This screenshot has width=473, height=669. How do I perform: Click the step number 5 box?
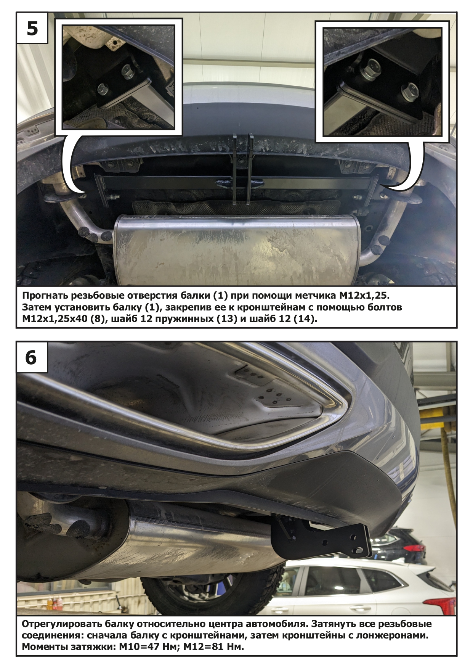pos(32,28)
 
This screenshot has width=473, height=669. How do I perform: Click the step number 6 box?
pos(31,357)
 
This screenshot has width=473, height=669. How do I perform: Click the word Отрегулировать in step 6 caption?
pos(64,625)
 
